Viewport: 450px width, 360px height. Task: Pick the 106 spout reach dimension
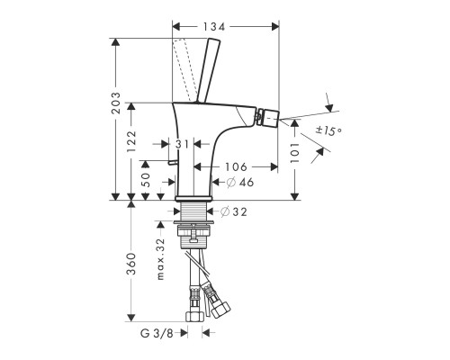(237, 166)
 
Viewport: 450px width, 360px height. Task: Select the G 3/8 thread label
(161, 333)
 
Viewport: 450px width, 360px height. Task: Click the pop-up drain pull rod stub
(170, 161)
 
